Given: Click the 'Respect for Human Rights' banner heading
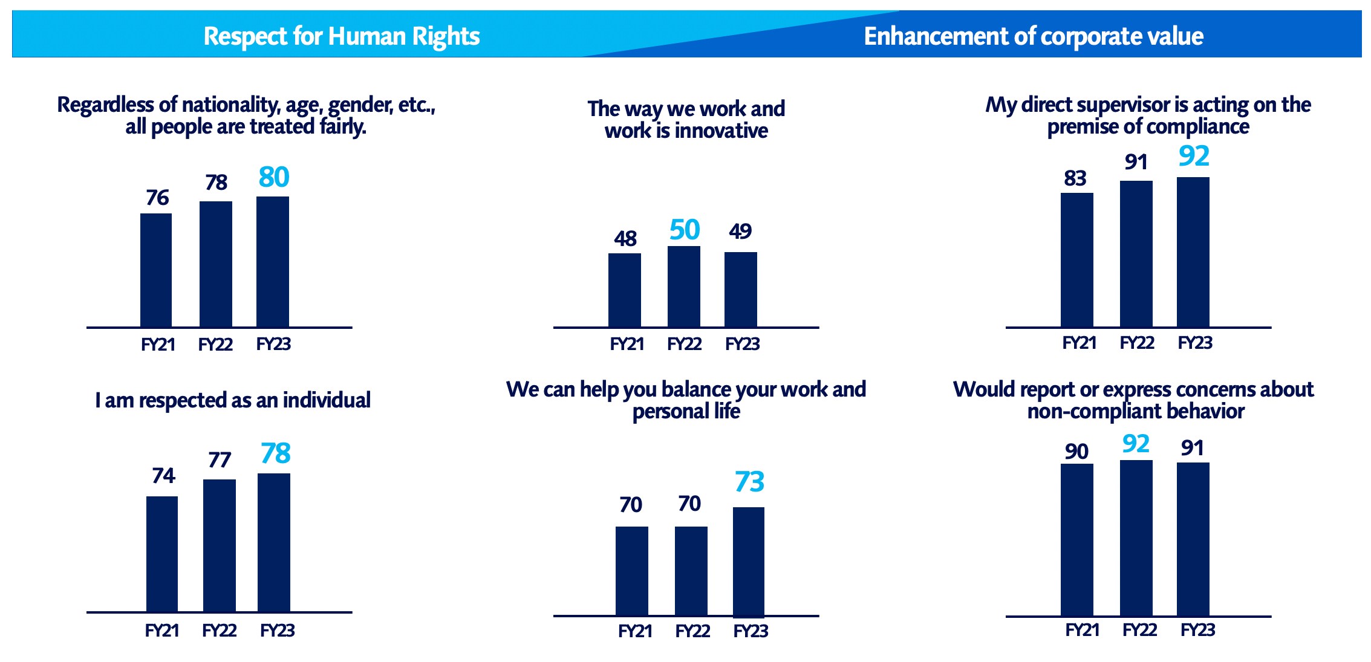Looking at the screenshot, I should point(341,36).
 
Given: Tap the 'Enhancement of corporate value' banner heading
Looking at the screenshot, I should point(1033,36).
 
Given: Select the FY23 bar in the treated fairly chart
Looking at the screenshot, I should point(272,261).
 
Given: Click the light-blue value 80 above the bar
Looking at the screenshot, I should point(273,177).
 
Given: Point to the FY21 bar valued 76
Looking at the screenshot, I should point(156,270).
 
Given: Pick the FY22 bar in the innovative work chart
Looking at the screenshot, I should point(683,286).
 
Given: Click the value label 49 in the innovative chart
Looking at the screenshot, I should point(740,231).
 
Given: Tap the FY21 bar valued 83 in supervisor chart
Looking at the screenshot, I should point(1076,259).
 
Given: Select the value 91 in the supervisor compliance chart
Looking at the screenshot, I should point(1136,162).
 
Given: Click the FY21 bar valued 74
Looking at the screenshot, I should point(162,554).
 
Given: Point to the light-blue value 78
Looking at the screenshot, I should point(275,453).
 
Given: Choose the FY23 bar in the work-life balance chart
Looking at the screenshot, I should point(748,562).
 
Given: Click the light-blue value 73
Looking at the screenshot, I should point(749,482).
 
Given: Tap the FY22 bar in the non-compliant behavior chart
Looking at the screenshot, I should point(1136,538).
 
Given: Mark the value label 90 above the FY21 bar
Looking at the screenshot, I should point(1076,452).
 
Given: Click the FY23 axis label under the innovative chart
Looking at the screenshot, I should point(742,344).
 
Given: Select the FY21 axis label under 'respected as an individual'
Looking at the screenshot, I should point(162,631).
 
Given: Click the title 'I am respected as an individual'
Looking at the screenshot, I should point(233,400).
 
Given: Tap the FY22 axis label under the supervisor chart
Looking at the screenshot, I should point(1136,343).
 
